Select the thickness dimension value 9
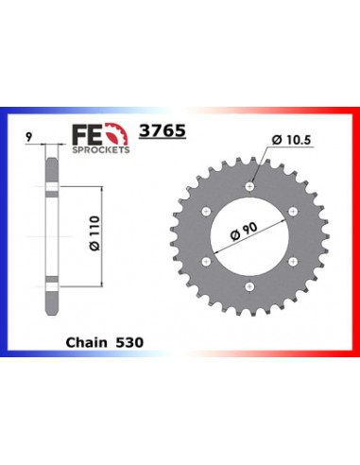point(31,136)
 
